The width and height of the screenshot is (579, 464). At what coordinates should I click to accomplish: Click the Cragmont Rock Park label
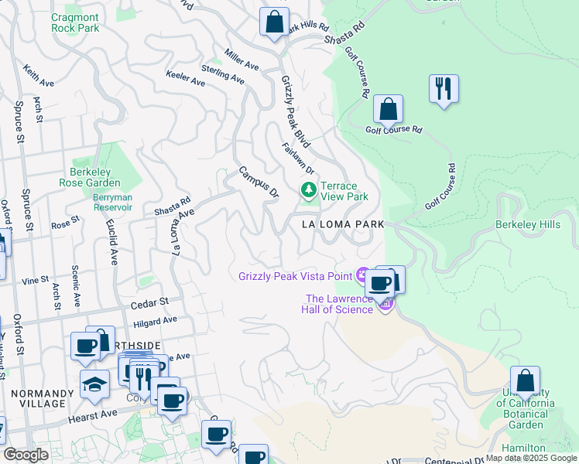tap(75, 22)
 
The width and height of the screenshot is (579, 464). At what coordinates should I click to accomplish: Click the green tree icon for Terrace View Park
tap(309, 189)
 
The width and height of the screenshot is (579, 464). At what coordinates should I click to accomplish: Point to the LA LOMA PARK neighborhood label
tap(334, 223)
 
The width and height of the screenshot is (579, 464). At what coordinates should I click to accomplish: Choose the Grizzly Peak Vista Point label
tap(295, 275)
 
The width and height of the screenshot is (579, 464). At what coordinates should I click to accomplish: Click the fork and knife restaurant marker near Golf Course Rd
tap(444, 89)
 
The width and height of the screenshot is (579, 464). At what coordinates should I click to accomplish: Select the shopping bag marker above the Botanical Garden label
tap(525, 381)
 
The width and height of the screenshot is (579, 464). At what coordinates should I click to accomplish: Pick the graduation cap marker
tap(94, 384)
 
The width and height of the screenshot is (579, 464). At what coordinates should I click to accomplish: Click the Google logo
tap(26, 455)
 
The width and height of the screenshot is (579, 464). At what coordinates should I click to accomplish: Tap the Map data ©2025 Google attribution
tap(530, 458)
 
